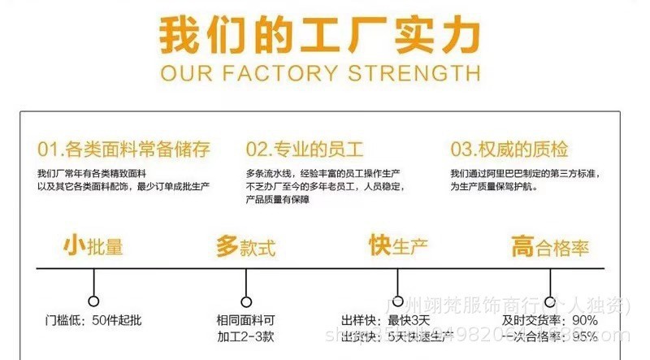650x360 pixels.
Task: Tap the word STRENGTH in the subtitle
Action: (414, 74)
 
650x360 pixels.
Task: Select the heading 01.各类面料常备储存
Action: (124, 150)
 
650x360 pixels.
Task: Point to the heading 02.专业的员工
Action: (305, 150)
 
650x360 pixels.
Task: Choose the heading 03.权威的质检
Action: (509, 150)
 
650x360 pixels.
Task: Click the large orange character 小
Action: (74, 245)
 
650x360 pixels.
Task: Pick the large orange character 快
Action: (379, 245)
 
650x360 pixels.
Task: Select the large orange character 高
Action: (522, 245)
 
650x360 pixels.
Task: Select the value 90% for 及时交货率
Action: (585, 320)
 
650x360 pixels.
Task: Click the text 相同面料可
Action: (246, 320)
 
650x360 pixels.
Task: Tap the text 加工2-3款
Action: (246, 336)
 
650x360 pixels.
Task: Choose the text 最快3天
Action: (409, 320)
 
